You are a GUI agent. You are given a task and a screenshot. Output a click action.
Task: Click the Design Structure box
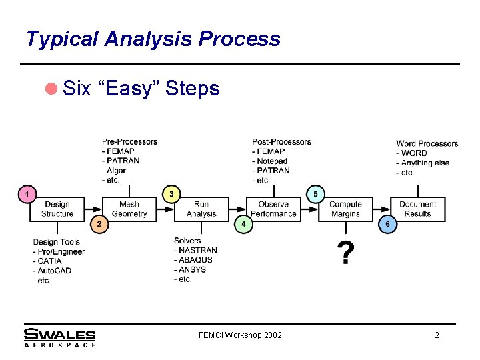57,209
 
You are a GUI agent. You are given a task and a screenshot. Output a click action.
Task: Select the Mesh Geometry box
129,209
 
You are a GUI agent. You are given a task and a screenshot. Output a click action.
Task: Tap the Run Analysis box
201,209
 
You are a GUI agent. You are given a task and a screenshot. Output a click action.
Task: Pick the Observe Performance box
273,209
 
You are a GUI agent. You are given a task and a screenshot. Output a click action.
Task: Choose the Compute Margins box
345,209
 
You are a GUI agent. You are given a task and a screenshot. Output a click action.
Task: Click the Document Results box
418,209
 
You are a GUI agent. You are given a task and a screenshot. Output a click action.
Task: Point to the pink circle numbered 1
26,194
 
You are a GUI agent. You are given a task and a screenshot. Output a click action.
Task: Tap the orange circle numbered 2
99,223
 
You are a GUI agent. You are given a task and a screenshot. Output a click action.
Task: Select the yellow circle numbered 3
171,194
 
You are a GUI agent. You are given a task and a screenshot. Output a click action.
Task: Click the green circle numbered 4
244,224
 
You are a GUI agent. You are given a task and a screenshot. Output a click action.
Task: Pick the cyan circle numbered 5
315,194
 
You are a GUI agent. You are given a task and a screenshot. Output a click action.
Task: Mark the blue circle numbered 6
387,224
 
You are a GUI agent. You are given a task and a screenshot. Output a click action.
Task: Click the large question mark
345,253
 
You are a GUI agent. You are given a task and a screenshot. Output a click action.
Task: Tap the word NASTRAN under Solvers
197,251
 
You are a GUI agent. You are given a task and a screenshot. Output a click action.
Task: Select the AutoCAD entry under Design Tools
53,271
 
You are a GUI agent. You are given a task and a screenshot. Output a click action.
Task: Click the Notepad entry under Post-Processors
271,161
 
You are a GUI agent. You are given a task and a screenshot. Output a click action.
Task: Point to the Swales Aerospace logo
59,337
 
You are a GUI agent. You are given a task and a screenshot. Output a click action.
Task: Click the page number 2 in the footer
437,335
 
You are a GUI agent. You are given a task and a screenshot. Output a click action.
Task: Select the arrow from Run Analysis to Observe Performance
237,209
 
